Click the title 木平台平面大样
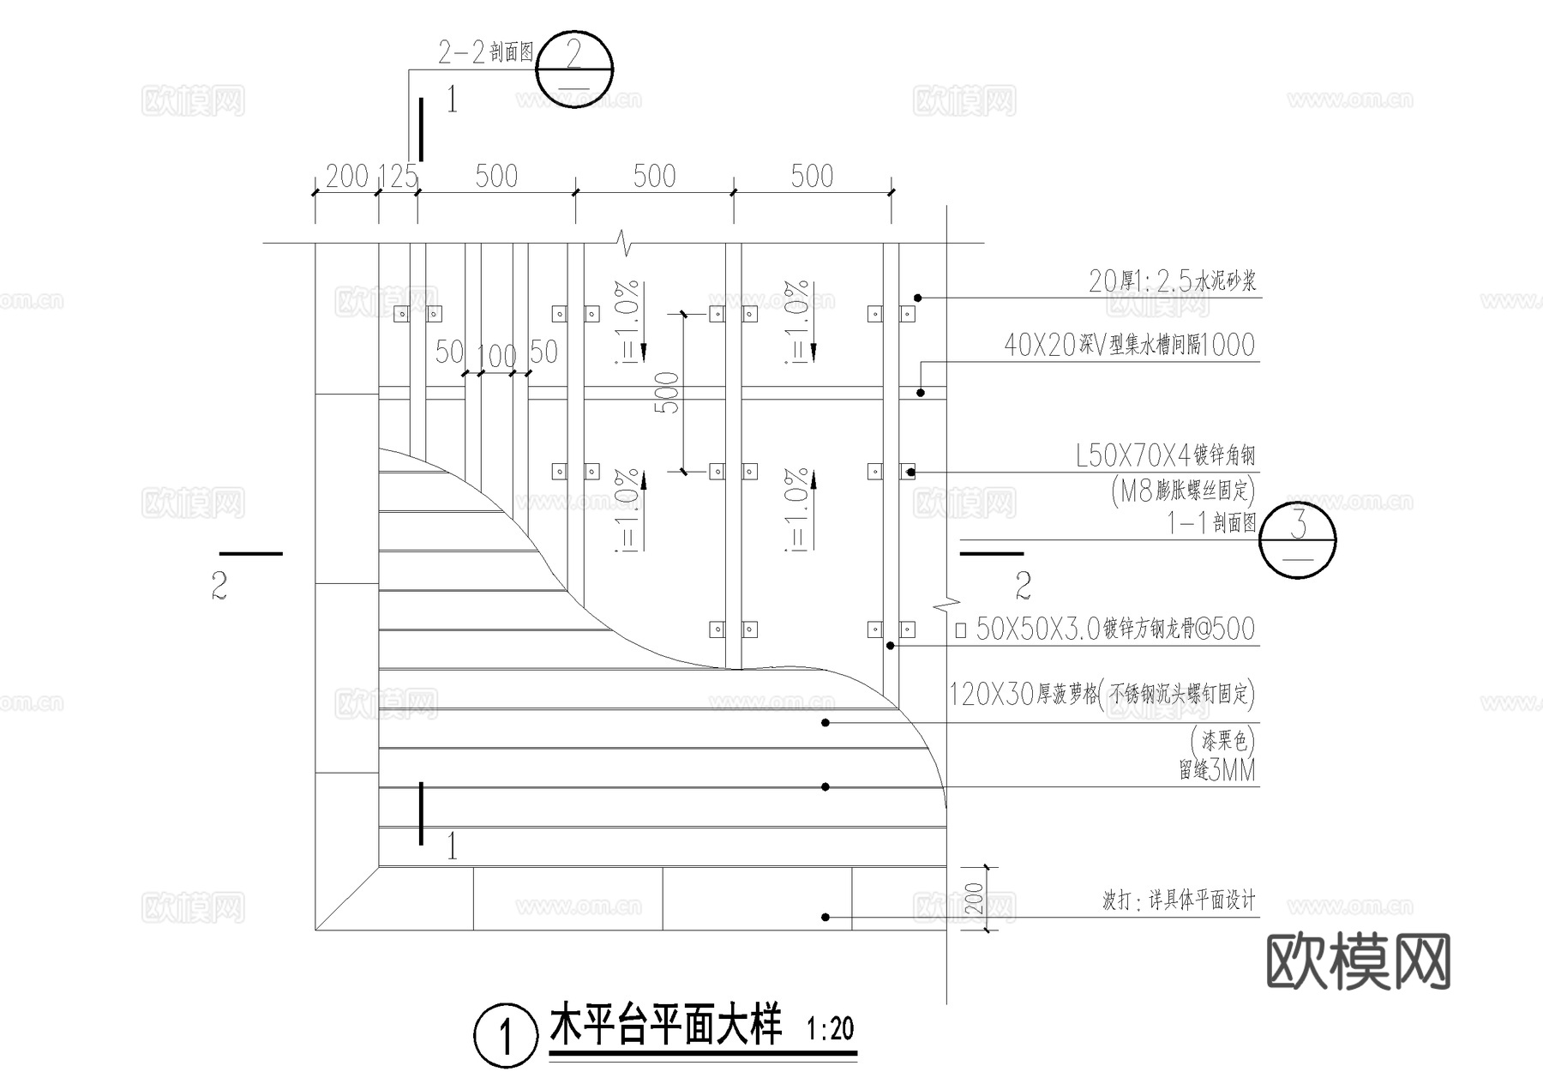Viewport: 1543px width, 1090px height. (x=665, y=1027)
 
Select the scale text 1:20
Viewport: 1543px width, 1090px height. (x=830, y=1028)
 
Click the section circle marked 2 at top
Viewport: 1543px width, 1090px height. (x=574, y=69)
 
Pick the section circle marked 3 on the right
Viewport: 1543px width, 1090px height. (x=1298, y=539)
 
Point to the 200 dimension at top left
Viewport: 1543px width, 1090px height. (x=346, y=177)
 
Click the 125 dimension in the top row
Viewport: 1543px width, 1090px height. (x=398, y=177)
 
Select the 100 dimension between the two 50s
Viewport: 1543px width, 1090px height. (x=496, y=355)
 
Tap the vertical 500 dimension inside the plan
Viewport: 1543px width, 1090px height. (x=670, y=393)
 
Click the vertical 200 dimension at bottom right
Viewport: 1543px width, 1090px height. (x=974, y=898)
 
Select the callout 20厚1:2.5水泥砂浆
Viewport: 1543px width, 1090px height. (x=1172, y=281)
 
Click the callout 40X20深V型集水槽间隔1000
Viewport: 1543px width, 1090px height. (x=1129, y=346)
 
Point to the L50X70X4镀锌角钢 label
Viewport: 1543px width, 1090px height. (x=1165, y=456)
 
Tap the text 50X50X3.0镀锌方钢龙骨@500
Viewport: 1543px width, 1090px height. (x=1114, y=629)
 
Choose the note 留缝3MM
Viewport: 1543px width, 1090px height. (x=1216, y=771)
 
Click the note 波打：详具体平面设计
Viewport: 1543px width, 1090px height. (x=1178, y=901)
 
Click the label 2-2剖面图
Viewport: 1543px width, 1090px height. (x=485, y=53)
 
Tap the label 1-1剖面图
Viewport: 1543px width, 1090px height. (x=1211, y=522)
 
